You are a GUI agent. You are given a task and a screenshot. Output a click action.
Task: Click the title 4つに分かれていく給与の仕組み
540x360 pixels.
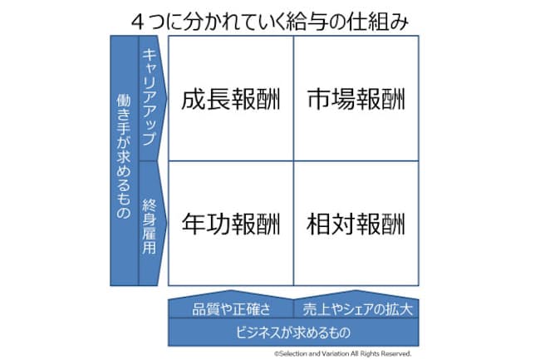[x=270, y=22]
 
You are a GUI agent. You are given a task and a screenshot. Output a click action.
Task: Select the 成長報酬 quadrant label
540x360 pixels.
[x=231, y=99]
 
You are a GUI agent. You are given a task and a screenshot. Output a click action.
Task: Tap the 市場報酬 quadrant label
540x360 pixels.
[x=356, y=99]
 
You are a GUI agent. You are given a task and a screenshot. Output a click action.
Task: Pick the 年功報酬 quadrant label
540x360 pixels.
[x=231, y=224]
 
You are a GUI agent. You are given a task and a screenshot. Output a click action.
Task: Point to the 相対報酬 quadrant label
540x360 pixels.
[x=356, y=224]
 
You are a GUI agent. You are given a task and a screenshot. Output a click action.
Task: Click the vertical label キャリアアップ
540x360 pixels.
[x=150, y=96]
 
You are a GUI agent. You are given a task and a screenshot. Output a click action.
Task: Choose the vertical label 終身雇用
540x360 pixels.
[x=150, y=227]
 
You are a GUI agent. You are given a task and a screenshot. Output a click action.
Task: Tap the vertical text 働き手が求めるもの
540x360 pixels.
[x=124, y=156]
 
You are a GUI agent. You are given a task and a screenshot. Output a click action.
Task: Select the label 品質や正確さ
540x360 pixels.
[x=231, y=309]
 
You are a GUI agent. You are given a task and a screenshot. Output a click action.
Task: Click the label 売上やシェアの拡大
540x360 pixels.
[x=357, y=309]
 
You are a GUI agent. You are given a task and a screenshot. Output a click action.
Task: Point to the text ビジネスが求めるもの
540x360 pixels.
[x=293, y=333]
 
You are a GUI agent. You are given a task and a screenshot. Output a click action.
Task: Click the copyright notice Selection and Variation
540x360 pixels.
[x=342, y=353]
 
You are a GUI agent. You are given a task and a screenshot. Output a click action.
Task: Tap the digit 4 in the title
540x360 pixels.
[x=138, y=23]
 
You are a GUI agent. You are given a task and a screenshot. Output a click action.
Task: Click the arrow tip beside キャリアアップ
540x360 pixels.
[x=167, y=97]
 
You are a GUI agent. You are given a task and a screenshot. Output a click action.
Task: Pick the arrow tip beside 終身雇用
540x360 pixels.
[x=167, y=224]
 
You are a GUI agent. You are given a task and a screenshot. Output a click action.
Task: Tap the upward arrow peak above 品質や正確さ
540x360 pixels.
[x=231, y=291]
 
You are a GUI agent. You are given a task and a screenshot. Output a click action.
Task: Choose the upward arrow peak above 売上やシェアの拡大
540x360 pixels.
[x=356, y=291]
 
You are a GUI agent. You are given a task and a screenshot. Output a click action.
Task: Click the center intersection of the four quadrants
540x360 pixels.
[x=293, y=161]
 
